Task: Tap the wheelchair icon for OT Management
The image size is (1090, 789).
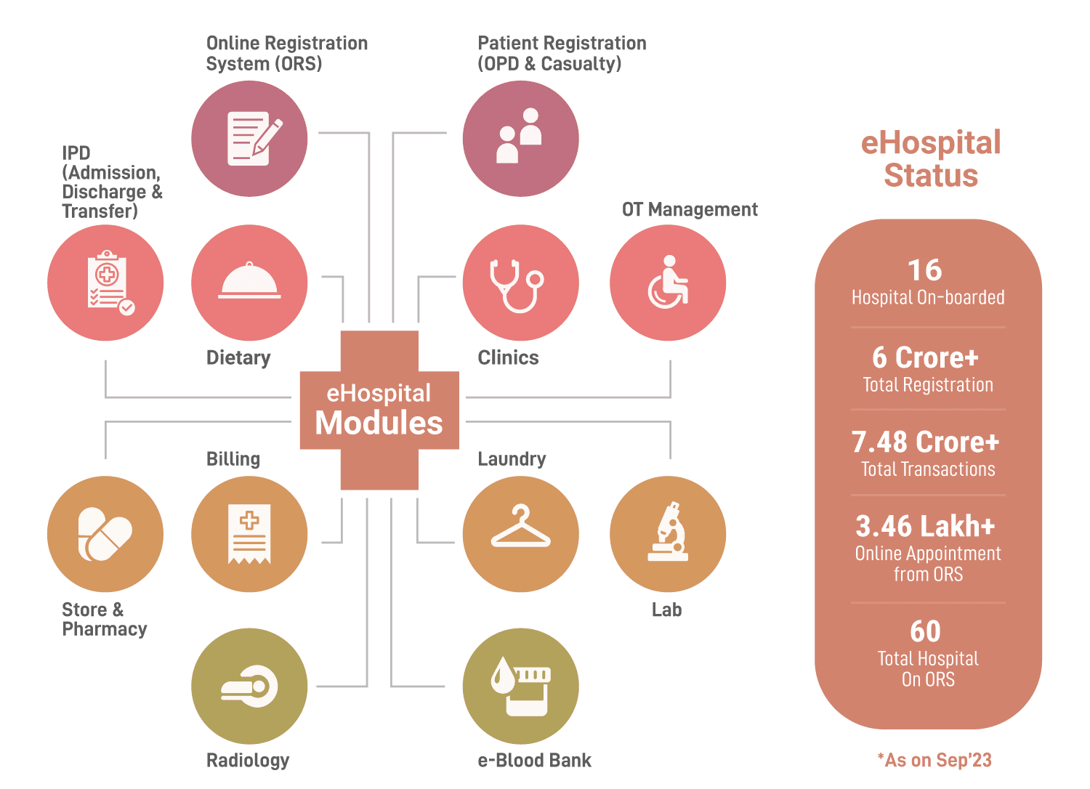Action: tap(668, 283)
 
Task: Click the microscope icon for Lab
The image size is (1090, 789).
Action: tap(668, 534)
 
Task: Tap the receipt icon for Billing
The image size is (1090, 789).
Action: tap(249, 534)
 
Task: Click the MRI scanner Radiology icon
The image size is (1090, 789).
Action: tap(249, 687)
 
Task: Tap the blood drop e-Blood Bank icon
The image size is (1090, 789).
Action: tap(520, 687)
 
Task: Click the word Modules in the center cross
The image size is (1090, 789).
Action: tap(379, 423)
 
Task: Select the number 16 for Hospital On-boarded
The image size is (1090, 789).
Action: tap(925, 270)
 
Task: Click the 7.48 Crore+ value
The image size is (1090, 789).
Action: tap(926, 442)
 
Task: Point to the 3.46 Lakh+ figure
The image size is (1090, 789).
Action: tap(926, 526)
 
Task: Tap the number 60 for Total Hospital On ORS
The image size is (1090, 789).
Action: tap(926, 631)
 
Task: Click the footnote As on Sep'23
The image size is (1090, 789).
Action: tap(934, 761)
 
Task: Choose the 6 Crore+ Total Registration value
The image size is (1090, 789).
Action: tap(926, 358)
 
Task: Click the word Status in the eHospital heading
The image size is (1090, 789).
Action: tap(931, 176)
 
